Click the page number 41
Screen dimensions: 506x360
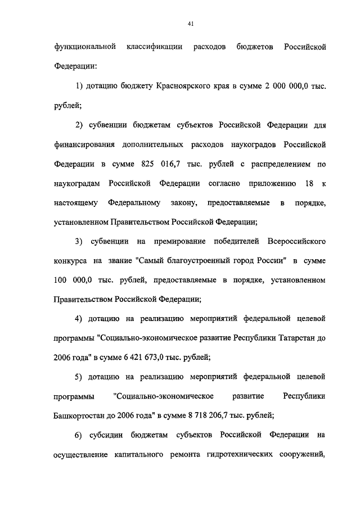click(191, 23)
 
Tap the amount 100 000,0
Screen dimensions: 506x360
click(74, 279)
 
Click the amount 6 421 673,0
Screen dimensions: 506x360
click(142, 358)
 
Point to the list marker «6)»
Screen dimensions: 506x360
click(79, 435)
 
